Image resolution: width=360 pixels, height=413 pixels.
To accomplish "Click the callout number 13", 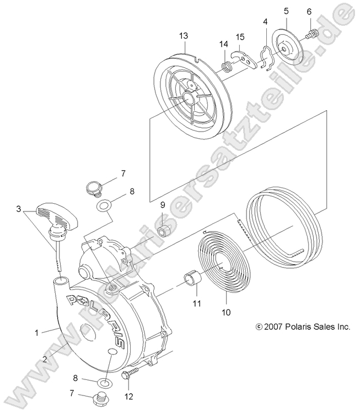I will [x=184, y=36].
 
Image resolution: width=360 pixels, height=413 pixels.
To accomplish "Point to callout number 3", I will [x=19, y=209].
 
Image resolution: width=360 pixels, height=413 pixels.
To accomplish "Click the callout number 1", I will [x=37, y=332].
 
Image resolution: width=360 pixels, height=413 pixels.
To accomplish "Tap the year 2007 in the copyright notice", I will [x=278, y=327].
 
